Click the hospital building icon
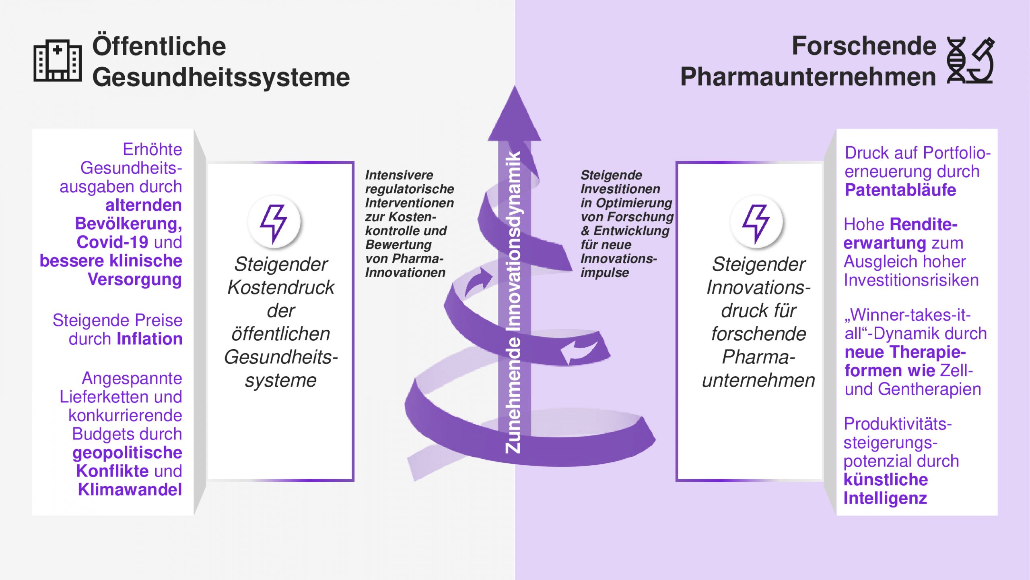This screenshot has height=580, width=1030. [58, 61]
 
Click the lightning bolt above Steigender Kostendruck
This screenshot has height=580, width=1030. [274, 222]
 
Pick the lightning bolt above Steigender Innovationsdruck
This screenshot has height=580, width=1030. [756, 222]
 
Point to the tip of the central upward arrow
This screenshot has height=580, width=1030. [515, 88]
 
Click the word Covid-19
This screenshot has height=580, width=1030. [112, 242]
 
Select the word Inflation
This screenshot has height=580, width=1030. [149, 339]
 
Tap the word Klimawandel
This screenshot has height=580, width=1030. [130, 489]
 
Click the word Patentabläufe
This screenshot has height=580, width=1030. [900, 190]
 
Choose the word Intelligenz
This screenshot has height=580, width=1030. [885, 498]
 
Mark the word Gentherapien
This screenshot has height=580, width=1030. [929, 389]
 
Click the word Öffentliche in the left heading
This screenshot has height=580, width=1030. [159, 46]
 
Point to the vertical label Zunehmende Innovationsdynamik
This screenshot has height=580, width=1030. [513, 302]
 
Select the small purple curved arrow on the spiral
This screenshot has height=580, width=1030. [479, 282]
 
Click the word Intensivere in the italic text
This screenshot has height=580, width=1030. [399, 175]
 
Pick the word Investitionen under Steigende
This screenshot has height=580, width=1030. [620, 189]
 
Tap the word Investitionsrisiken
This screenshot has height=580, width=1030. [911, 280]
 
